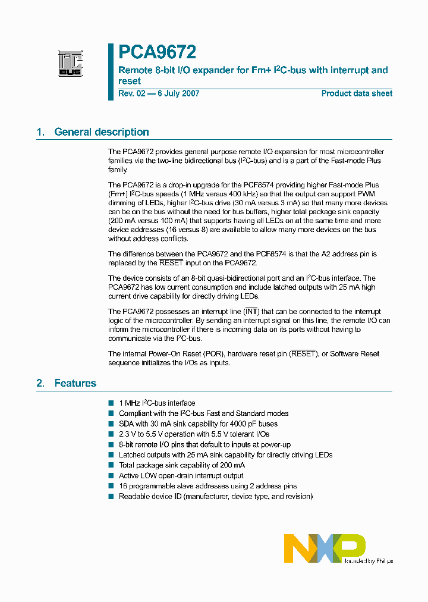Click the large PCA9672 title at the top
click(x=157, y=52)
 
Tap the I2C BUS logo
click(x=70, y=64)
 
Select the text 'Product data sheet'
click(x=357, y=93)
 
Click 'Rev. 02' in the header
click(x=132, y=93)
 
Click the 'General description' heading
click(x=102, y=132)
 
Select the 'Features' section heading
click(x=75, y=383)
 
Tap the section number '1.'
click(x=40, y=132)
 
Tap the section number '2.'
click(x=40, y=383)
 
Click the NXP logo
click(x=324, y=548)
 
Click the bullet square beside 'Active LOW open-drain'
click(x=111, y=476)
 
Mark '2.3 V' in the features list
click(x=128, y=435)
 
